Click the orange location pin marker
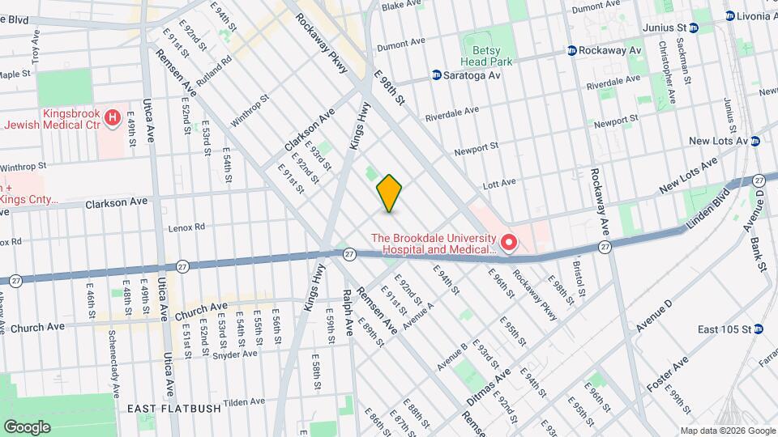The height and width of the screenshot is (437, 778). [x=389, y=193]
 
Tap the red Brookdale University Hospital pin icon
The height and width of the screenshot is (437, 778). [x=509, y=242]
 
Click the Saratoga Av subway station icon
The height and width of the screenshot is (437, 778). [x=436, y=75]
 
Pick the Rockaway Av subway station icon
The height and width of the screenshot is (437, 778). [x=571, y=50]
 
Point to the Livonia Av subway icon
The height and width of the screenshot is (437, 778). [x=730, y=15]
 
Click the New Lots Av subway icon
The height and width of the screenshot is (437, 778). [x=754, y=141]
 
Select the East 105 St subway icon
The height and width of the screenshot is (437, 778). [x=758, y=329]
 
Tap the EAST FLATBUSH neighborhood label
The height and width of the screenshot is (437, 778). [x=174, y=409]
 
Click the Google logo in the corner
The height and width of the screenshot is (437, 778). [x=27, y=426]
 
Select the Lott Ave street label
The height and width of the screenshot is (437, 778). [x=498, y=184]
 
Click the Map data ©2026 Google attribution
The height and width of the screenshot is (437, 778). [x=727, y=430]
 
